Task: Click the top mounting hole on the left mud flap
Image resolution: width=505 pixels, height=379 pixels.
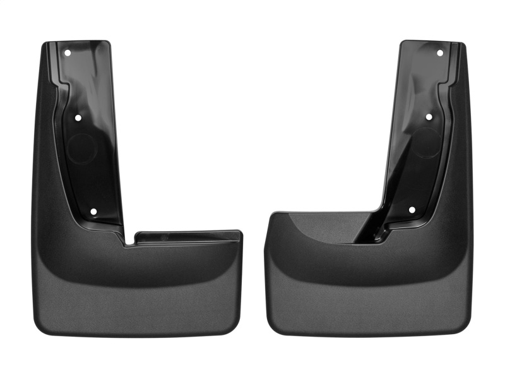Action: (x=68, y=53)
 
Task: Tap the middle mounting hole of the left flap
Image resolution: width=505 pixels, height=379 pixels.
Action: (x=78, y=117)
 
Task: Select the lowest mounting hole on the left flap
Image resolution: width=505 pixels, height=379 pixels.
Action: (x=93, y=212)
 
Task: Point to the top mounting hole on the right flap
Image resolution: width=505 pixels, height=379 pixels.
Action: (x=440, y=53)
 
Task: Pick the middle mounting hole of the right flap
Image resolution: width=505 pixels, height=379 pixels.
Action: (x=429, y=117)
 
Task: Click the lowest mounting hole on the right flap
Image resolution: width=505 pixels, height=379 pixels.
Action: (x=412, y=210)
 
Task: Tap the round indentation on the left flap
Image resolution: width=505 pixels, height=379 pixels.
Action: (x=82, y=149)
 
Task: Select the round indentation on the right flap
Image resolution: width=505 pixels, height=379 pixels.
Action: (x=426, y=144)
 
